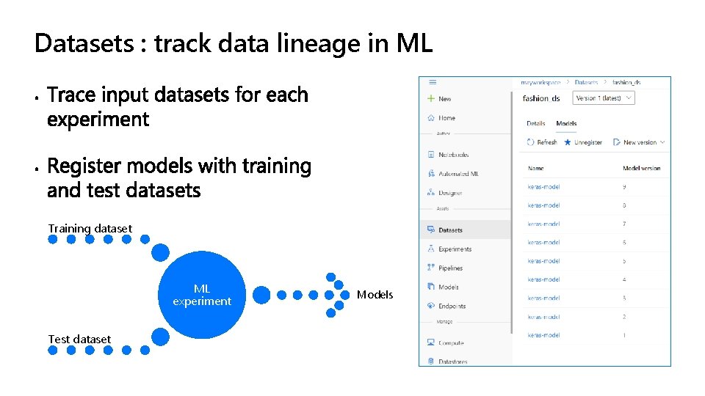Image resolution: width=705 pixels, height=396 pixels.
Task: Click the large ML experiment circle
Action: [202, 295]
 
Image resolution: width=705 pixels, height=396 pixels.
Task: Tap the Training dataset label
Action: [90, 228]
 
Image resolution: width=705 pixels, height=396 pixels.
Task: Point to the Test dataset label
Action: [79, 339]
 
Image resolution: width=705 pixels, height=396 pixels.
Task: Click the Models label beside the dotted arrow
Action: [375, 295]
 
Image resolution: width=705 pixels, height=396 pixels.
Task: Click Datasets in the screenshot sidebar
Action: [450, 230]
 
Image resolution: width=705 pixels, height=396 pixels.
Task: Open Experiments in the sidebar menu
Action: [455, 249]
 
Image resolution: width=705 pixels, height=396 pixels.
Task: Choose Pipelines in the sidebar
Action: [450, 268]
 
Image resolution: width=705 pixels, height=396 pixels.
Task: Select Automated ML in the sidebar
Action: [458, 174]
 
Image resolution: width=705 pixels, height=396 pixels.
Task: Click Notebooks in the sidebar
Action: [453, 155]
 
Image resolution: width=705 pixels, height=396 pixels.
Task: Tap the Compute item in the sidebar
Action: [450, 342]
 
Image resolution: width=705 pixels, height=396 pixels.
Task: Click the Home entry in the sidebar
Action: [446, 117]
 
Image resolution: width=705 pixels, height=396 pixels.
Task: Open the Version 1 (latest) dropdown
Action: [604, 98]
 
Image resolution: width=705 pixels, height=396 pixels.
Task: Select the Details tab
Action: [536, 123]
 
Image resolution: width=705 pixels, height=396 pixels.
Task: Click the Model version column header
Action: [641, 168]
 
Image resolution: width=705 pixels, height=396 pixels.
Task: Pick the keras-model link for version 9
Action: [543, 187]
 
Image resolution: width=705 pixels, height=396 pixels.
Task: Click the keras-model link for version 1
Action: [543, 335]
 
